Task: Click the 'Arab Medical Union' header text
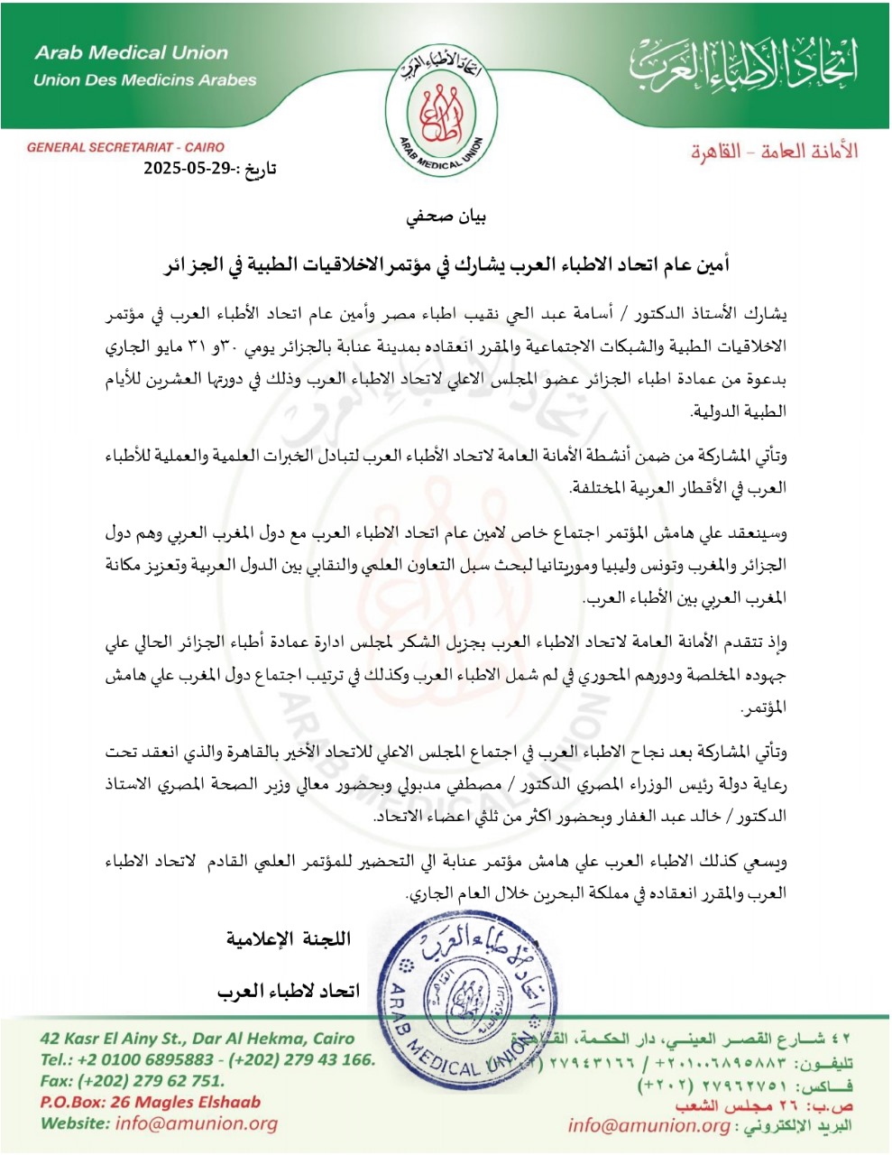click(132, 53)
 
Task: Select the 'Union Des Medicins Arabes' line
click(145, 80)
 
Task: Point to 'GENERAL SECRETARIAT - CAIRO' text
click(125, 147)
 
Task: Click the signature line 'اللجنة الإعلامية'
click(288, 939)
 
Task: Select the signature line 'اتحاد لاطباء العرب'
click(288, 991)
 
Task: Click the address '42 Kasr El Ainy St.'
click(198, 1039)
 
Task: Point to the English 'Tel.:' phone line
click(207, 1059)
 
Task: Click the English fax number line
click(132, 1080)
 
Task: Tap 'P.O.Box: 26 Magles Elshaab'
click(150, 1102)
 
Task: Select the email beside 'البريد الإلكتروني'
click(648, 1125)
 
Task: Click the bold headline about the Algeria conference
click(446, 266)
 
